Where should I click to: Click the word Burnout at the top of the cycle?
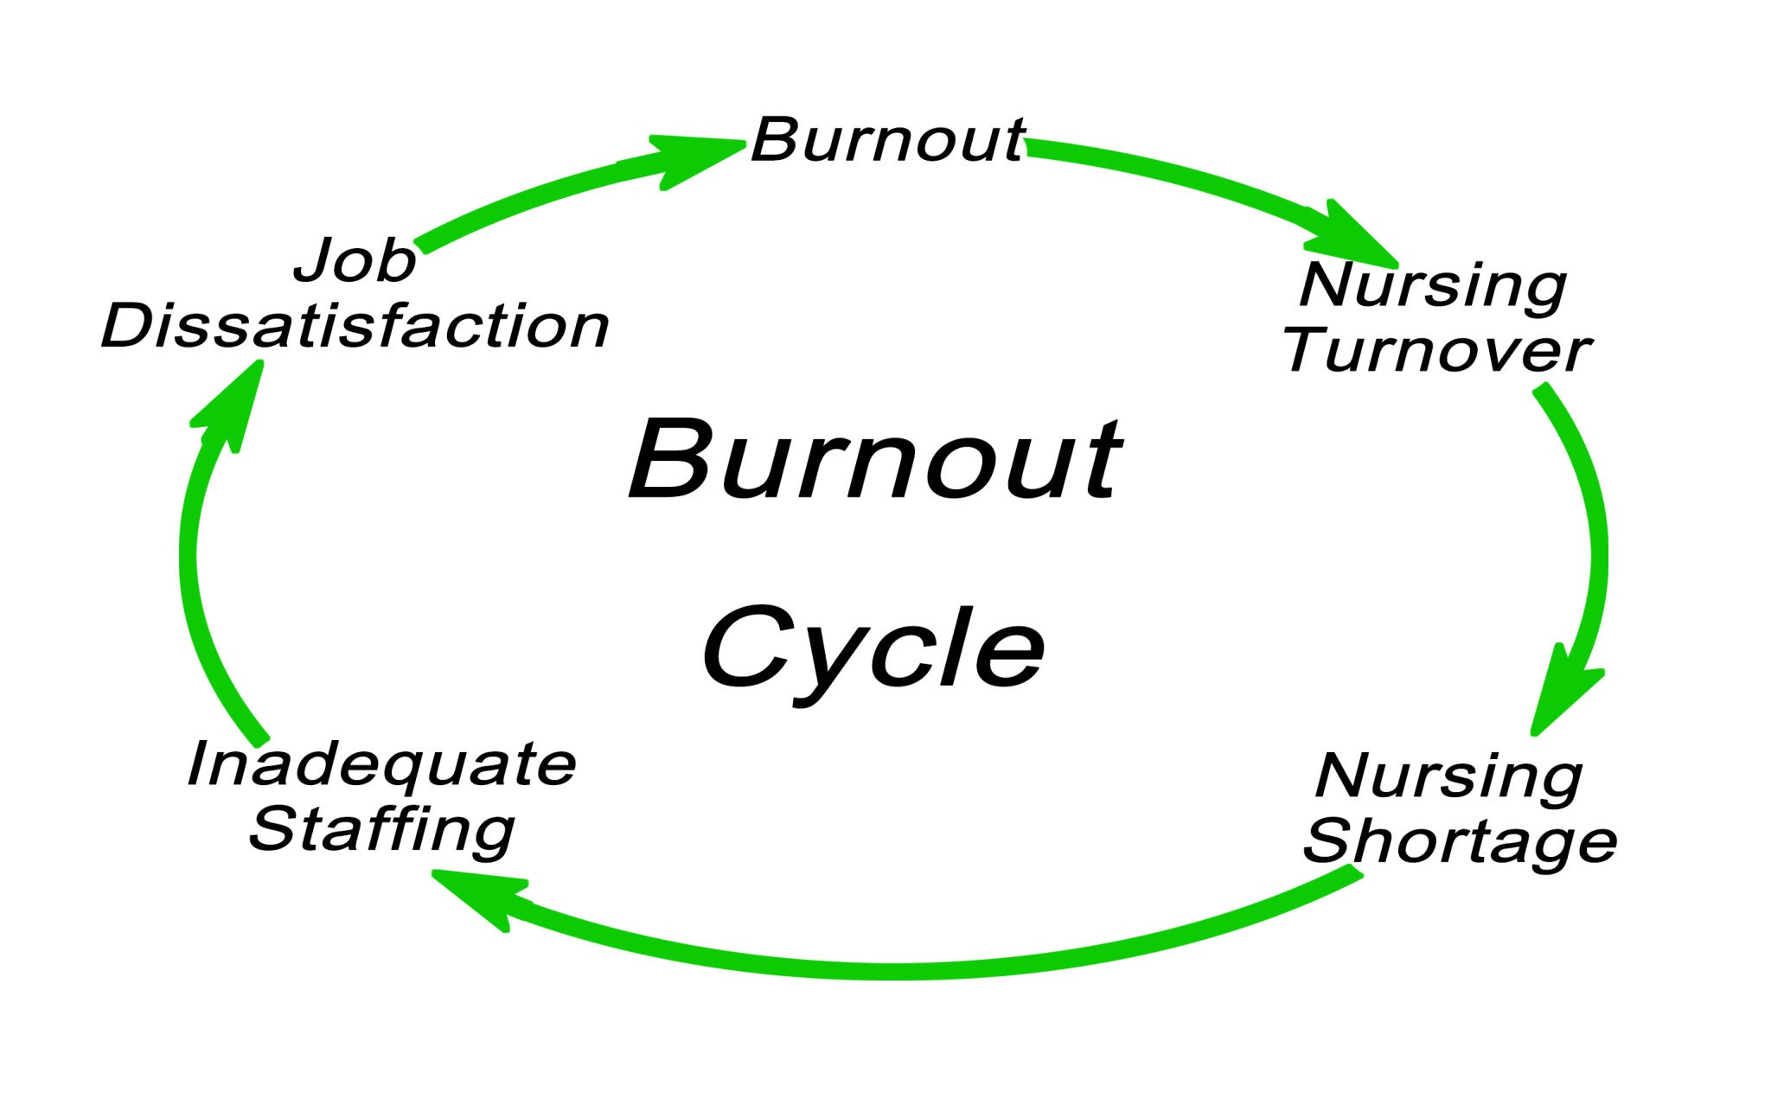pyautogui.click(x=887, y=139)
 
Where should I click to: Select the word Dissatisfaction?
pyautogui.click(x=355, y=326)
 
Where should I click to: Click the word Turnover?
pyautogui.click(x=1436, y=351)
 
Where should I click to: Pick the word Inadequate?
pyautogui.click(x=381, y=764)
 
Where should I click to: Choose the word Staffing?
pyautogui.click(x=381, y=829)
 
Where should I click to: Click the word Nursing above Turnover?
pyautogui.click(x=1433, y=285)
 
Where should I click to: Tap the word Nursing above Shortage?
pyautogui.click(x=1448, y=776)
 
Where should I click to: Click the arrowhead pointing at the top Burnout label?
pyautogui.click(x=692, y=160)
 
